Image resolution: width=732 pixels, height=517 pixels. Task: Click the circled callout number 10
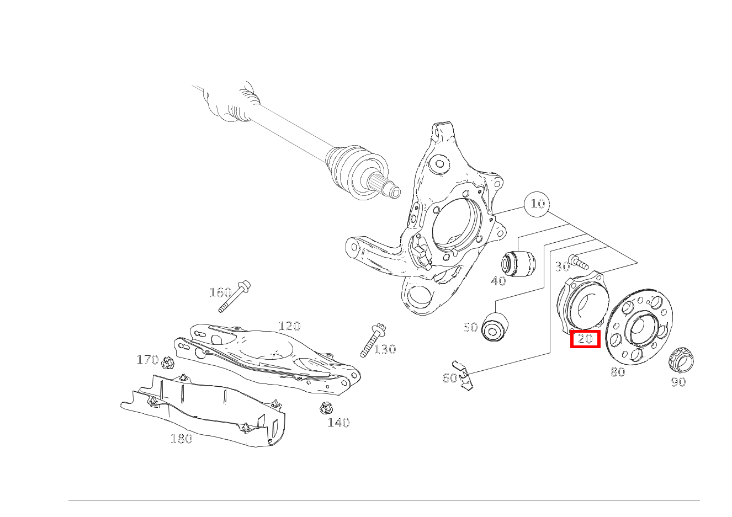(538, 204)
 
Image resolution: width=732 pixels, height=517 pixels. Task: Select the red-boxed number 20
(585, 339)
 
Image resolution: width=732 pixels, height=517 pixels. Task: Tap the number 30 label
(563, 267)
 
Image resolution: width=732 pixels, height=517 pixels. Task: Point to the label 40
(498, 281)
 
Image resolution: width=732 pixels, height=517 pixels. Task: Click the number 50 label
(470, 327)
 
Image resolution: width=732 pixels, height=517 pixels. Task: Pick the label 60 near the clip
(449, 378)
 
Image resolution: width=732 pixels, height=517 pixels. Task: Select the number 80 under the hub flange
(618, 372)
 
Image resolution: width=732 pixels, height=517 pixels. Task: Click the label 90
(678, 382)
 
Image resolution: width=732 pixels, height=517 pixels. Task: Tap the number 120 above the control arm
(289, 326)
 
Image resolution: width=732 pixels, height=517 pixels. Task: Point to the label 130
(385, 349)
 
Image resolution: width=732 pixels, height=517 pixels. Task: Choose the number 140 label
(338, 423)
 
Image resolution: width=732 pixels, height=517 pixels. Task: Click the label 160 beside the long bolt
(220, 292)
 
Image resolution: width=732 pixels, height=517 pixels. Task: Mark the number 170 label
(147, 360)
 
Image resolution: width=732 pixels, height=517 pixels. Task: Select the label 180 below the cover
(182, 439)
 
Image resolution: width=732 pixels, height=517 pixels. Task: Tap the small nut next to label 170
(168, 362)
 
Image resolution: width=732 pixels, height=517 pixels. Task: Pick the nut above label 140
(326, 408)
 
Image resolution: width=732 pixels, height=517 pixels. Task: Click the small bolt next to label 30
(579, 262)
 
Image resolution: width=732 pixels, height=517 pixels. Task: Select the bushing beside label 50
(495, 327)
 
